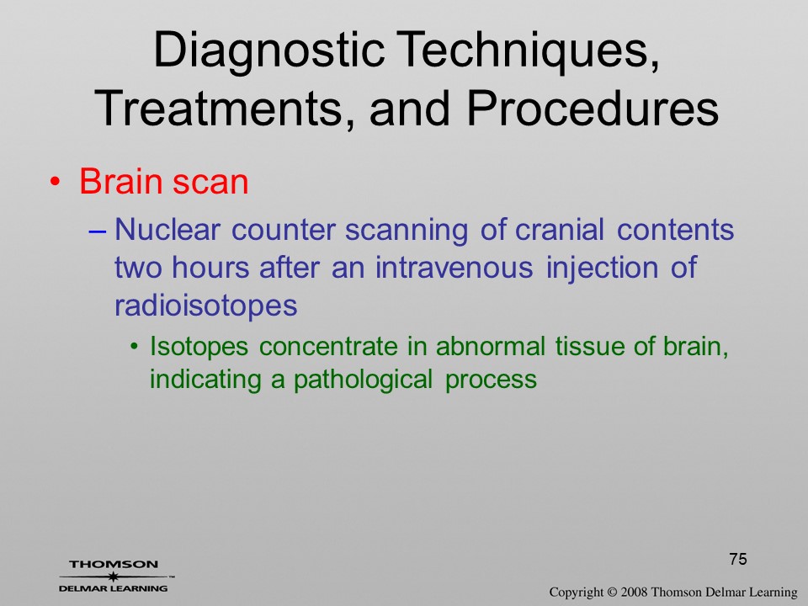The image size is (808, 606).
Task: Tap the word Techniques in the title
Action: [529, 51]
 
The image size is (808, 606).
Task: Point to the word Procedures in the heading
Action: [593, 108]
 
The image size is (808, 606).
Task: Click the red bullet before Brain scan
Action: [56, 183]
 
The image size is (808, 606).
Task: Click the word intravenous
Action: [454, 268]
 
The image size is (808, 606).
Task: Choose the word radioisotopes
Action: [205, 306]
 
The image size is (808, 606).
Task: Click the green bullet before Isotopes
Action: [135, 347]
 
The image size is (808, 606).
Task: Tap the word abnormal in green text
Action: [490, 346]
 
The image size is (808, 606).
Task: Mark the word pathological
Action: [363, 380]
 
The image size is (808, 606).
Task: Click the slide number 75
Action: [738, 559]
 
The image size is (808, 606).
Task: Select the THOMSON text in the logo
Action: [114, 564]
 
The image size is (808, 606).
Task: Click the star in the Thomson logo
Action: [113, 577]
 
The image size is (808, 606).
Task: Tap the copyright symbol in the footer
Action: [612, 593]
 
